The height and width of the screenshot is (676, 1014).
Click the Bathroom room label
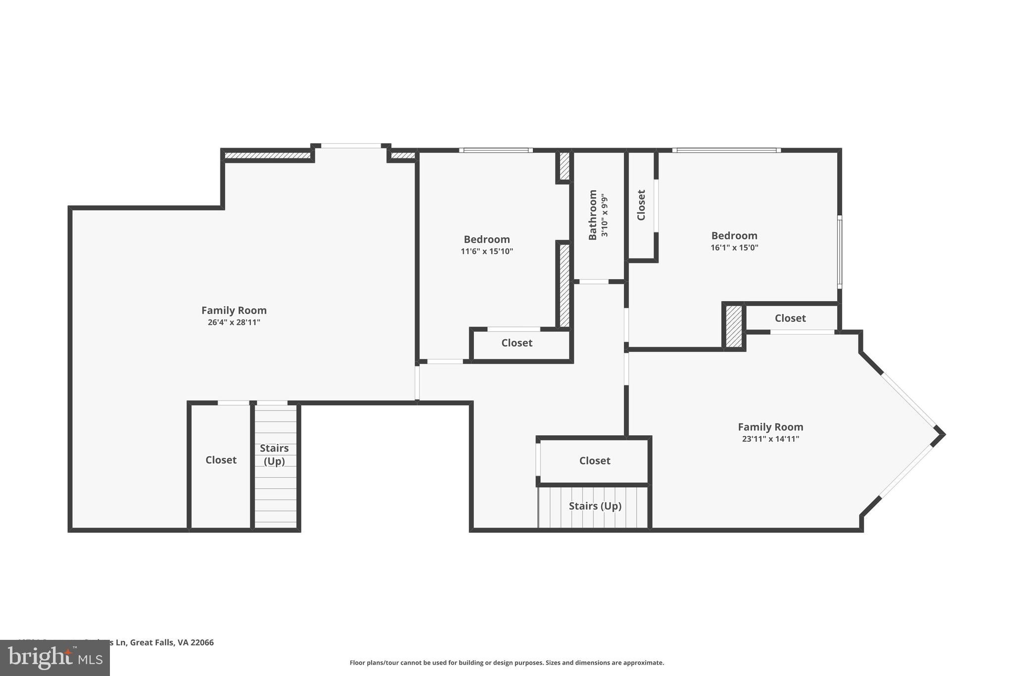point(592,215)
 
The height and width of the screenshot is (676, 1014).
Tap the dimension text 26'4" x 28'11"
point(234,322)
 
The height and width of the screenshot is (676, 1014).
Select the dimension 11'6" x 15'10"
point(487,252)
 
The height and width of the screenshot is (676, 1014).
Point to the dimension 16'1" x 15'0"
point(734,248)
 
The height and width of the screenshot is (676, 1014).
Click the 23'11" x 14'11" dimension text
point(770,439)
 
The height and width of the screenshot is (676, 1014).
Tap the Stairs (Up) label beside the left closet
point(274,455)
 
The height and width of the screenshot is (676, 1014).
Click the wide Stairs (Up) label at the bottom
point(595,506)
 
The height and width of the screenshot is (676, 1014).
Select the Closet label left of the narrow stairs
point(221,460)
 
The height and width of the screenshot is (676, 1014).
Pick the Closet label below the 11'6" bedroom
point(516,343)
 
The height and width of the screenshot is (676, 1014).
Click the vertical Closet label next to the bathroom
point(641,205)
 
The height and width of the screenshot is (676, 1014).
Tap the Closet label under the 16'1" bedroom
point(790,318)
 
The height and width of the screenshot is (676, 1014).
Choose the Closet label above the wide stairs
point(594,461)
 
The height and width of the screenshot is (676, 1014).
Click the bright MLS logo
point(55,658)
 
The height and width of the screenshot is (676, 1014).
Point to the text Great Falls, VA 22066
point(172,642)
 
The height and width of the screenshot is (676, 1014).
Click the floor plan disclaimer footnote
point(507,663)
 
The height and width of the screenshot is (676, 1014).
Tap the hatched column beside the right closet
point(734,326)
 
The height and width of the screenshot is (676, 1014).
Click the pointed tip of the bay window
point(943,435)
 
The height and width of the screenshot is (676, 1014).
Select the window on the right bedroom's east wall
point(839,252)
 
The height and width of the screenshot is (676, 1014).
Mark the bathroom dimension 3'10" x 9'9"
point(604,215)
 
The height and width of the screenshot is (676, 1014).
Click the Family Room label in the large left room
point(234,311)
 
